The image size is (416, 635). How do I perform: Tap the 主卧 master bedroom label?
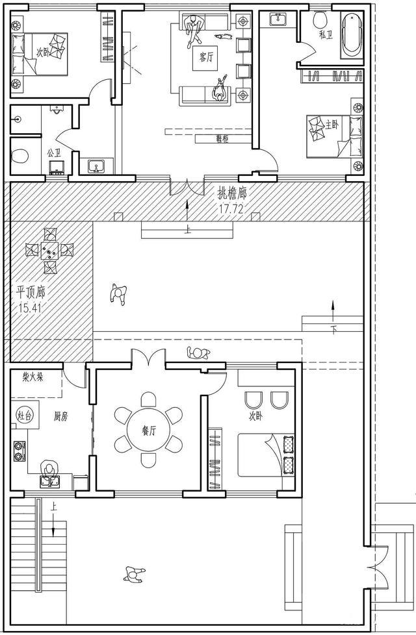tap(332, 123)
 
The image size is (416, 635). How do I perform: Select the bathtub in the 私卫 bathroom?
tap(352, 33)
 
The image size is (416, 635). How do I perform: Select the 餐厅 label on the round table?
tap(149, 429)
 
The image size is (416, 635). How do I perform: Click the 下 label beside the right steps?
tap(334, 330)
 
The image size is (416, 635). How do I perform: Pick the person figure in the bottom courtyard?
tap(135, 575)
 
